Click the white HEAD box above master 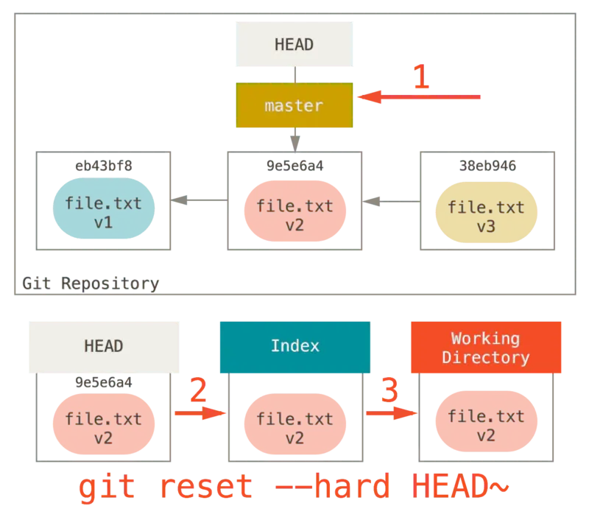[x=294, y=44]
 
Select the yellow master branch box [x=294, y=105]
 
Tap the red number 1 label [x=420, y=77]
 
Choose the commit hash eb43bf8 [x=104, y=166]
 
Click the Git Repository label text [x=90, y=284]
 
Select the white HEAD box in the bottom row [x=104, y=346]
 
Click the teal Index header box [x=294, y=346]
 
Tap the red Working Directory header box [x=486, y=348]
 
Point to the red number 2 [x=197, y=390]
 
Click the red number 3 [x=389, y=390]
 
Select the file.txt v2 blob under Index [x=294, y=425]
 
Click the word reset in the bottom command [x=206, y=488]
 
